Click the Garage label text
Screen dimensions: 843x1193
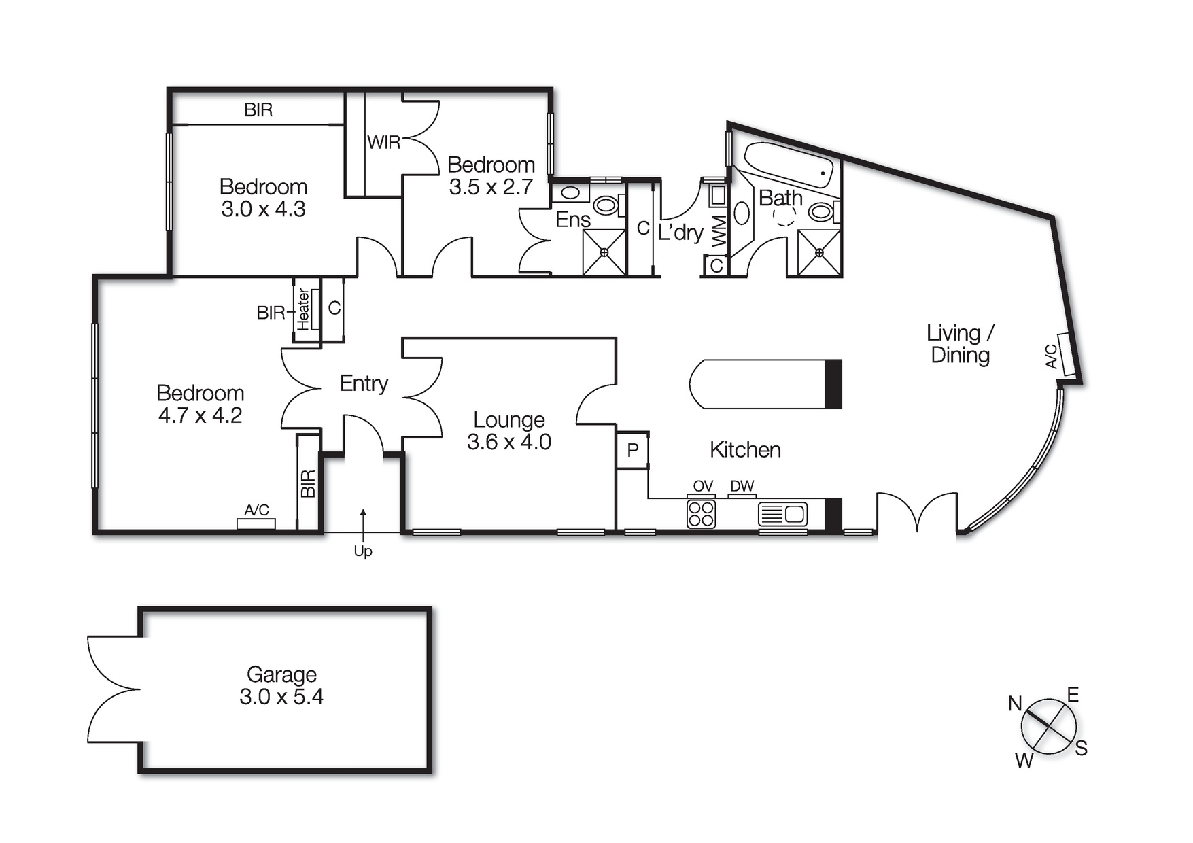(281, 674)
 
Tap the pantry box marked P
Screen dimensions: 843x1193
(633, 450)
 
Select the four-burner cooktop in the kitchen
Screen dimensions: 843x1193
(701, 514)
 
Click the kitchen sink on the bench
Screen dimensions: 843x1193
(783, 514)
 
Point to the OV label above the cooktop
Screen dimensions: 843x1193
(703, 486)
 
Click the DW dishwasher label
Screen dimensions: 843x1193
(742, 486)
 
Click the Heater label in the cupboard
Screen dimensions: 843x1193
(303, 309)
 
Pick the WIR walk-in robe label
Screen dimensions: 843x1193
(384, 142)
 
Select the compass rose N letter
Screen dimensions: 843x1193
(1015, 704)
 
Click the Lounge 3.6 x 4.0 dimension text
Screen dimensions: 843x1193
(508, 442)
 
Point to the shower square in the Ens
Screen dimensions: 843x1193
(604, 252)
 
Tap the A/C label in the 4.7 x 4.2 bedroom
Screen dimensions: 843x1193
(256, 510)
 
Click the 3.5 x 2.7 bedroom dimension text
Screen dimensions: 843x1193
(490, 186)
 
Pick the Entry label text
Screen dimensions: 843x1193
(364, 383)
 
